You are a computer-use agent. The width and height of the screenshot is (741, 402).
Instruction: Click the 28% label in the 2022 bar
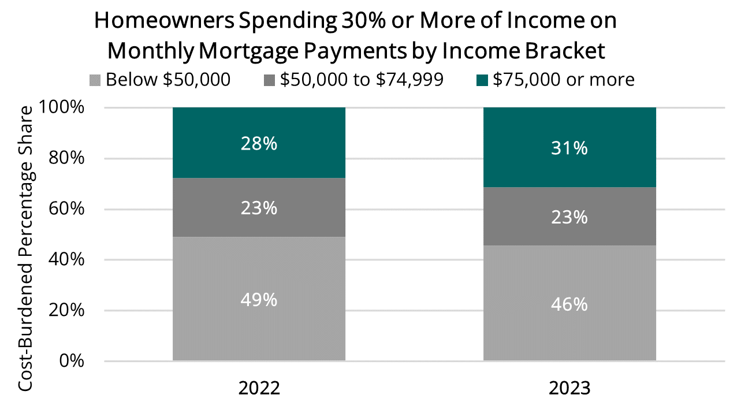tap(259, 144)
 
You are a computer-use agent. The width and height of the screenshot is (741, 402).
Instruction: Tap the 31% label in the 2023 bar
tap(569, 148)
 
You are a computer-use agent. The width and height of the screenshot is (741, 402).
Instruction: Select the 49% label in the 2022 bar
tap(259, 300)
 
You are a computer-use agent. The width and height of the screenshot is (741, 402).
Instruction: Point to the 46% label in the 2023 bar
tap(569, 304)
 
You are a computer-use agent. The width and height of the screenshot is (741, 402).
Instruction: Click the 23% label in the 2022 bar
tap(259, 208)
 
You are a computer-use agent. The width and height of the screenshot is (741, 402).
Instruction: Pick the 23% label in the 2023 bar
tap(569, 217)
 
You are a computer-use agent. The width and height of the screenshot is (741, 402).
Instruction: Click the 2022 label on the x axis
tap(259, 387)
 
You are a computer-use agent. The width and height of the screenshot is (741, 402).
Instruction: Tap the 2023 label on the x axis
tap(569, 387)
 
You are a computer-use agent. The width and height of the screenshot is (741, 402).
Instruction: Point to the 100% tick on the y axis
tap(62, 108)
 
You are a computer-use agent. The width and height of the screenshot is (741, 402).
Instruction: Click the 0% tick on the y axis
tap(73, 361)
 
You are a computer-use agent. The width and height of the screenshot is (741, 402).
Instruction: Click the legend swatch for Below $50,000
tap(97, 80)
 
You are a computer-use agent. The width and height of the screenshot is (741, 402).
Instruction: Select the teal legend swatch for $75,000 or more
tap(484, 80)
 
